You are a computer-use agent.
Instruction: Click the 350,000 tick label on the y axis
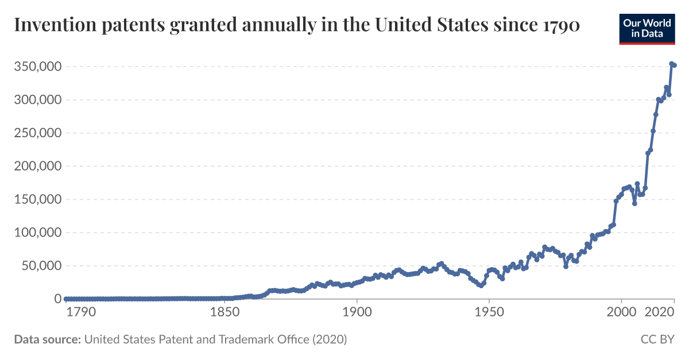coord(37,67)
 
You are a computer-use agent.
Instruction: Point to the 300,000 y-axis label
coord(37,100)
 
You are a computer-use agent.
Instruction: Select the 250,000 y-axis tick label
coord(37,133)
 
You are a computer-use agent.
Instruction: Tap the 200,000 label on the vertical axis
coord(37,167)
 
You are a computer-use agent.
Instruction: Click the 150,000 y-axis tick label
coord(37,200)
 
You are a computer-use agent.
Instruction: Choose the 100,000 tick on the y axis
coord(37,233)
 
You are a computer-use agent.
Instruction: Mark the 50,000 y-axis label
coord(41,266)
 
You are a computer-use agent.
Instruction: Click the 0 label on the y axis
coord(57,299)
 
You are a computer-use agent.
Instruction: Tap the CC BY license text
coord(657,339)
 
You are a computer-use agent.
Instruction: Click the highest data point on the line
coord(672,64)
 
